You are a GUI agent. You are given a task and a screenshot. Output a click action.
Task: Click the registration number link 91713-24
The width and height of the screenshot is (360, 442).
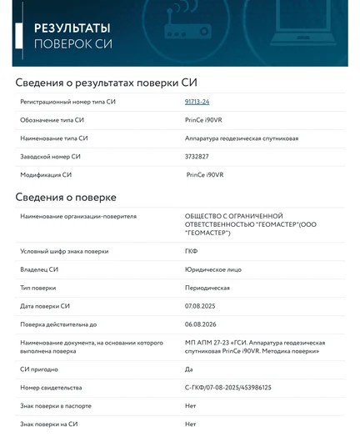click(x=197, y=102)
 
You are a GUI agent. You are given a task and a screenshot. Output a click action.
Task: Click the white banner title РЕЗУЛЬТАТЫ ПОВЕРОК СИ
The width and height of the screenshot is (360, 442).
click(x=72, y=34)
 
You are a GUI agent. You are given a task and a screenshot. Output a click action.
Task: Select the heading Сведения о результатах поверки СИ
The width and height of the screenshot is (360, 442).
click(x=107, y=82)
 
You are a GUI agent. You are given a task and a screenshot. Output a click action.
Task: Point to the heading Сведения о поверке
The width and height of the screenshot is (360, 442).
click(x=66, y=197)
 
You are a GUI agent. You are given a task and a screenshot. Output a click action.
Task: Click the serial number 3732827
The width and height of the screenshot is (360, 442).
click(x=197, y=157)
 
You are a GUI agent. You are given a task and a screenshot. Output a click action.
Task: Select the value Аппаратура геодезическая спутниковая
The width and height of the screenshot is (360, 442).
click(x=242, y=138)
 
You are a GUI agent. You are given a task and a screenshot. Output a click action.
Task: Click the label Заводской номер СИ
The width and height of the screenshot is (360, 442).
click(x=51, y=157)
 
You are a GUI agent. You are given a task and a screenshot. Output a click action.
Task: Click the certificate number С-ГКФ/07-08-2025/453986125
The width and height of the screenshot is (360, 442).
click(x=228, y=388)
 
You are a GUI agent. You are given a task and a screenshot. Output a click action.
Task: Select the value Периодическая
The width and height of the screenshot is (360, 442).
click(x=207, y=288)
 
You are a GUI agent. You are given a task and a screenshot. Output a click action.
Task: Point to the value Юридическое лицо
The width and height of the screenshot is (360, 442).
click(x=212, y=269)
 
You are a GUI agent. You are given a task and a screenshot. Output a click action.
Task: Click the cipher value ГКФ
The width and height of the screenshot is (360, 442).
click(x=191, y=251)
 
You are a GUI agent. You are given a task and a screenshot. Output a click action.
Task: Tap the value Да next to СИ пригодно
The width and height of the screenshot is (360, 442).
click(x=188, y=369)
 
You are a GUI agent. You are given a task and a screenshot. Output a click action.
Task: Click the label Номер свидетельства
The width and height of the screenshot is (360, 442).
click(x=52, y=388)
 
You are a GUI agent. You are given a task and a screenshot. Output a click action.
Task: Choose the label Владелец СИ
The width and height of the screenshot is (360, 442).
click(x=39, y=269)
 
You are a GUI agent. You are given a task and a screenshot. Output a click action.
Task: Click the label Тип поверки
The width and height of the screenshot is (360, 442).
click(x=38, y=288)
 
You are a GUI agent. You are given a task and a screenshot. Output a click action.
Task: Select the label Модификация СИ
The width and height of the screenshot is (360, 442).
click(x=46, y=175)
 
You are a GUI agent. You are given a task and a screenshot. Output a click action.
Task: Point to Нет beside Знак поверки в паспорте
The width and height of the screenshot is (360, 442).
click(x=190, y=406)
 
